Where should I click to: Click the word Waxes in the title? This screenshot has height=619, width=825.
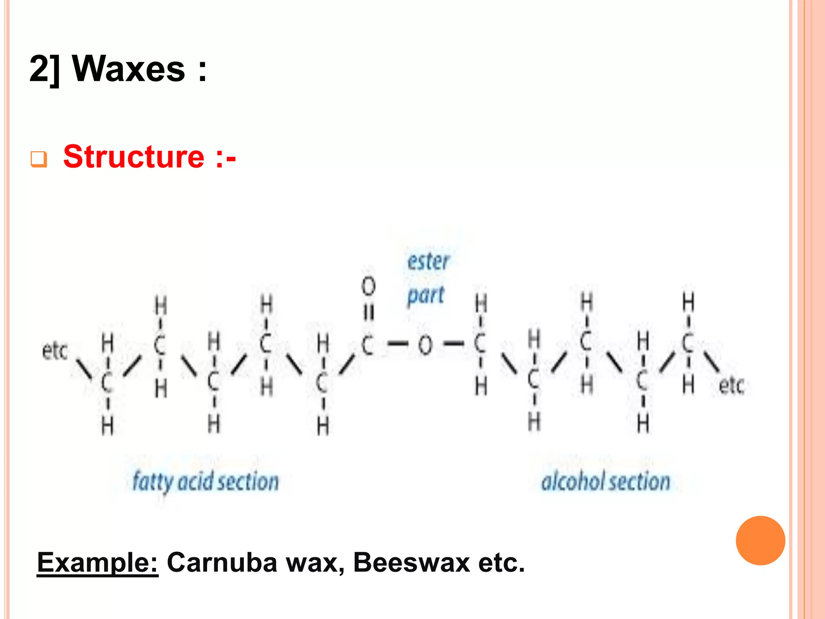[129, 69]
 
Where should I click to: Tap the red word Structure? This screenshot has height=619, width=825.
[134, 156]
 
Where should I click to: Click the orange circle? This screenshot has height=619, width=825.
[760, 540]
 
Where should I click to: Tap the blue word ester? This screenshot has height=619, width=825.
[428, 262]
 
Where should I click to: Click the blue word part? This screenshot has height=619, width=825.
[425, 295]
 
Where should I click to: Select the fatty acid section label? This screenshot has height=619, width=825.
[205, 482]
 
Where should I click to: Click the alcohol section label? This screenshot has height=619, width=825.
[605, 482]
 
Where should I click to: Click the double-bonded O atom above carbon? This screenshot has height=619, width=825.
[368, 287]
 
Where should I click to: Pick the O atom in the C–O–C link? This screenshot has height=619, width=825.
[425, 345]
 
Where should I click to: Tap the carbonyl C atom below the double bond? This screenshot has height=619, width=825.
[367, 345]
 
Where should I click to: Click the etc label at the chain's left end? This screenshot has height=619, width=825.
[54, 351]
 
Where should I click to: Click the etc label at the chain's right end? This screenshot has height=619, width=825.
[731, 385]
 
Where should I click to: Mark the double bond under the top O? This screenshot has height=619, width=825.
[368, 313]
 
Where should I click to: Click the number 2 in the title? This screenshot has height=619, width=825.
[39, 69]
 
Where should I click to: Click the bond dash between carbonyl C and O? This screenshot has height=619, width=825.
[397, 344]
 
